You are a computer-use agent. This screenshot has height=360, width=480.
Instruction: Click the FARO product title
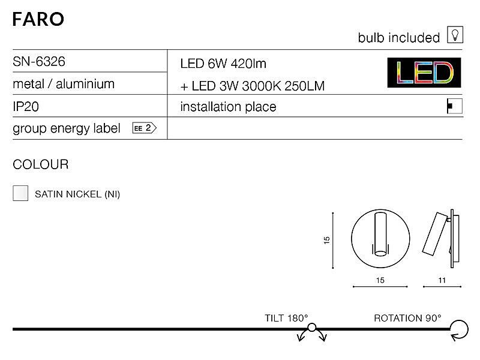(x=38, y=19)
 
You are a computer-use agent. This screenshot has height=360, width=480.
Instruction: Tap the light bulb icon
(x=455, y=35)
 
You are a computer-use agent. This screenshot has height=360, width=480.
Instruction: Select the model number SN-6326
(x=39, y=62)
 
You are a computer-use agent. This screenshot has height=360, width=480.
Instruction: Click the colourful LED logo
(x=424, y=73)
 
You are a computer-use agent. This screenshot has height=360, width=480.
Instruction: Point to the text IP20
(x=26, y=107)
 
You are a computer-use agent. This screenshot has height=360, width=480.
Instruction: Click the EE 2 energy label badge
(x=145, y=128)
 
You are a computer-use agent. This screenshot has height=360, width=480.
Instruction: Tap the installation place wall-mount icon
(x=455, y=106)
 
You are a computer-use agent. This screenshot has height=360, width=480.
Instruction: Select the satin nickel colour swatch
(x=20, y=193)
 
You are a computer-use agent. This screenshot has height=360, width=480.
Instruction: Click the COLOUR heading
(x=41, y=164)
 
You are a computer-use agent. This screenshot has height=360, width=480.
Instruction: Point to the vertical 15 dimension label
(x=326, y=240)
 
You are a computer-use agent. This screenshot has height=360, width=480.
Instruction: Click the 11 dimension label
(x=442, y=280)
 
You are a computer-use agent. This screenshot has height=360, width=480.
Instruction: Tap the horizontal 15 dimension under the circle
(x=380, y=280)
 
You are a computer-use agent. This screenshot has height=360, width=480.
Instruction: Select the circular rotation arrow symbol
(x=459, y=330)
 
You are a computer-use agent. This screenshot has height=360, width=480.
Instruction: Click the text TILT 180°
(x=286, y=318)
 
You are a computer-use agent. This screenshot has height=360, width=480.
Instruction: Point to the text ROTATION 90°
(x=407, y=318)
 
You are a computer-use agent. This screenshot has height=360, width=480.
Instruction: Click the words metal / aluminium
(x=64, y=84)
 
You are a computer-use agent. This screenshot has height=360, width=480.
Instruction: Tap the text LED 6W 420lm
(x=223, y=64)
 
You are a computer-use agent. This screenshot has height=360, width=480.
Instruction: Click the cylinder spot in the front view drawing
(x=380, y=234)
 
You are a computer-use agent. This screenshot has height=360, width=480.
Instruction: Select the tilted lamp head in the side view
(x=434, y=233)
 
